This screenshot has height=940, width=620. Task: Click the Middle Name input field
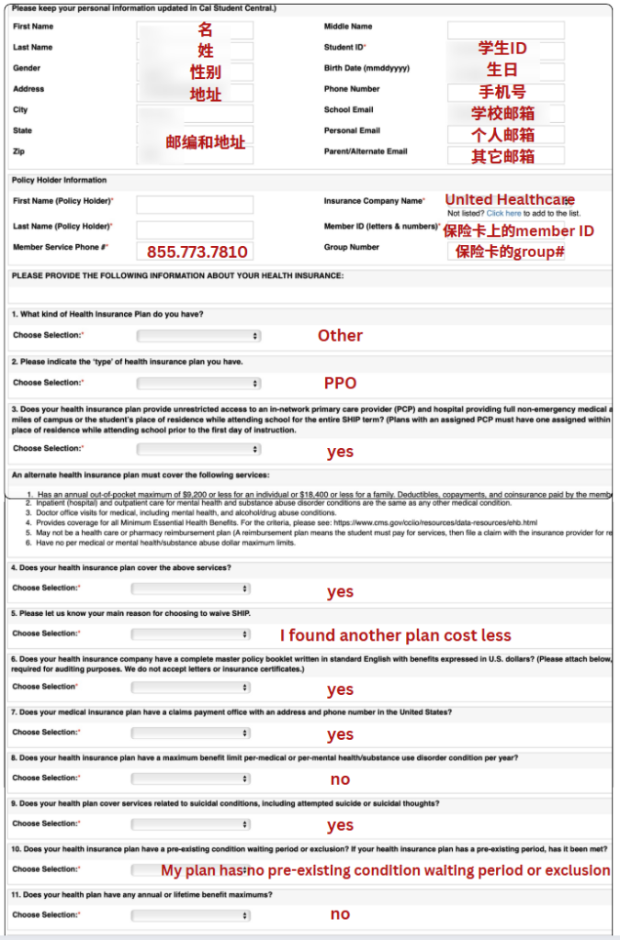coord(505,29)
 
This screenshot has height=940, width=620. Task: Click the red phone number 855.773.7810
coord(197,252)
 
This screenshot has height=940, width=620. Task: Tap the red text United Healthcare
coord(510,199)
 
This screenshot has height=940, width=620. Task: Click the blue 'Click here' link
coord(503,213)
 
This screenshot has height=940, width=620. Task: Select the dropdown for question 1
coord(198,336)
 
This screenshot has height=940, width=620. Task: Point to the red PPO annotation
coord(340,383)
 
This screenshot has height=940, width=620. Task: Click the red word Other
coord(340,335)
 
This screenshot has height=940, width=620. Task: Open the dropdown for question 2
coord(198,383)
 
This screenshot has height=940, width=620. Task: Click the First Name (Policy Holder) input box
coord(195,204)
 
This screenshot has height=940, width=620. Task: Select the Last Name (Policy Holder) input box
coord(195,228)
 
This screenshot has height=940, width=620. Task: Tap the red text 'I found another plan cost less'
coord(395,635)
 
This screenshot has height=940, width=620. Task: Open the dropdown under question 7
coord(190,733)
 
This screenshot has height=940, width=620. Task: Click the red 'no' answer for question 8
coord(340,779)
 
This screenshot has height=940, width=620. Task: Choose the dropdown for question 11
coord(190,915)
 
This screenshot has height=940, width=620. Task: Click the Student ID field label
coord(345,47)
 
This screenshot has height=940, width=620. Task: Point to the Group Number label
coord(352,247)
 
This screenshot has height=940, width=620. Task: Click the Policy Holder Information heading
coord(60,180)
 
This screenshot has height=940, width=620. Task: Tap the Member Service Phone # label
coord(61,247)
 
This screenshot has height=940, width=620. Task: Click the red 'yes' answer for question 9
coord(340,825)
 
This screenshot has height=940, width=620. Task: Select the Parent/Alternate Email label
coord(366,151)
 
